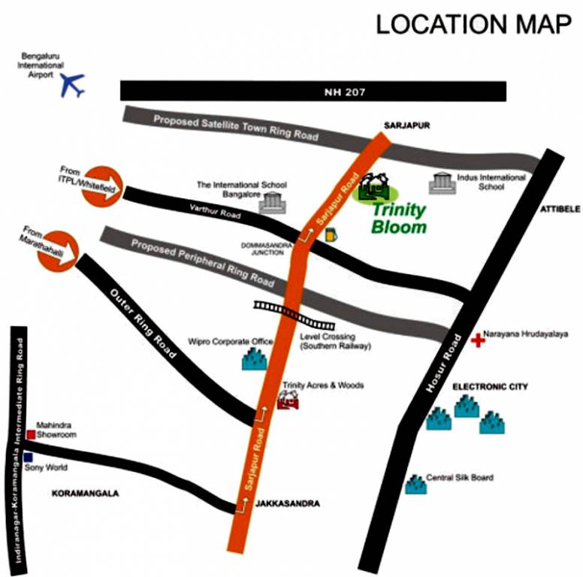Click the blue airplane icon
tap(73, 84)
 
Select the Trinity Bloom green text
tap(398, 218)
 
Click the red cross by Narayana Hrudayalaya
tap(477, 340)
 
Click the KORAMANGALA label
tap(85, 494)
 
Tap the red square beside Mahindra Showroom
tap(31, 434)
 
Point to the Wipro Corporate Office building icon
tap(255, 360)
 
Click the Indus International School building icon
tap(441, 183)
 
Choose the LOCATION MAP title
tap(473, 24)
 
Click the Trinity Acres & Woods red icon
tap(287, 400)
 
